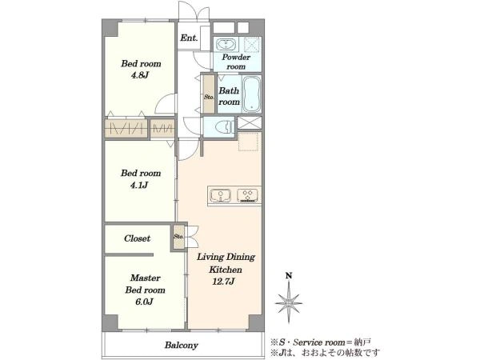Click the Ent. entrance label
tap(189, 38)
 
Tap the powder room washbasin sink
tap(226, 44)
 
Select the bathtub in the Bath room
tap(251, 94)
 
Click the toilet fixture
tap(224, 126)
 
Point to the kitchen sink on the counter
tap(220, 195)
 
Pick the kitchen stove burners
tap(247, 195)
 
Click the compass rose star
tap(288, 302)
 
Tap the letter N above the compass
tap(288, 275)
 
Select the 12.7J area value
tap(223, 282)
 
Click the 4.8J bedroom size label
tap(140, 75)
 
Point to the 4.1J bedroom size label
tap(139, 185)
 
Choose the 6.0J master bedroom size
tap(144, 302)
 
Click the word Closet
tap(137, 238)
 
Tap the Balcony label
tap(182, 346)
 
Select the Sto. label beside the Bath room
tap(209, 97)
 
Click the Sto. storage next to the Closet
tap(178, 236)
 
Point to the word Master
tap(145, 278)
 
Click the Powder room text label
tap(236, 62)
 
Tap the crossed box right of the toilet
tap(250, 122)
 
